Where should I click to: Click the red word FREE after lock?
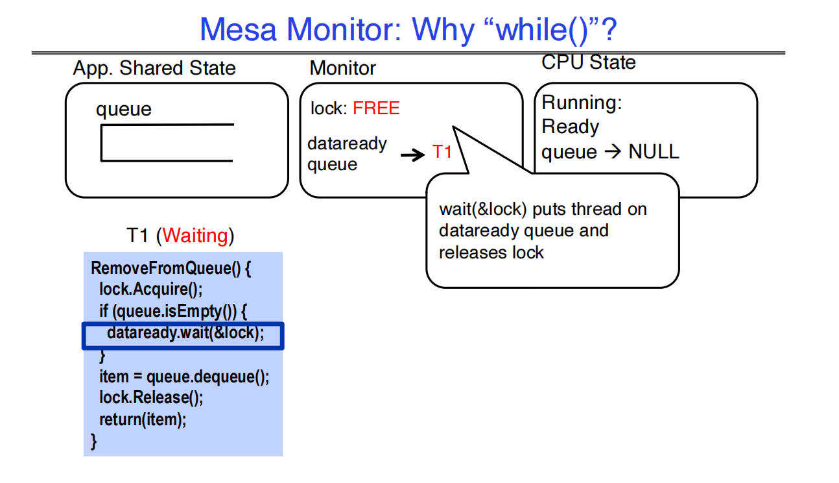[376, 108]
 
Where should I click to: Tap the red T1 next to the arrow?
[442, 153]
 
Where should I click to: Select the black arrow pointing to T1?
[412, 155]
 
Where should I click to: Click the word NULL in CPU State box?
[654, 152]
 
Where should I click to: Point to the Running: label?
[582, 103]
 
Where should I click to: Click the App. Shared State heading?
[154, 68]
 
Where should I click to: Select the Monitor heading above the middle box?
[342, 68]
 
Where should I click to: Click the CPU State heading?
[589, 62]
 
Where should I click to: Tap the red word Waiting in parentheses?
[196, 236]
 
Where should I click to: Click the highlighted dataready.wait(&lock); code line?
[185, 334]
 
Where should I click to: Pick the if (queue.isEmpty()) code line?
[173, 312]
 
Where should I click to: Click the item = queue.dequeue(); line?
[183, 377]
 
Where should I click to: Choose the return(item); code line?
[142, 419]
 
